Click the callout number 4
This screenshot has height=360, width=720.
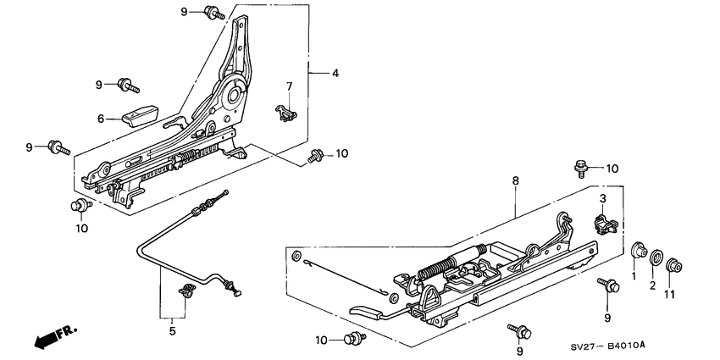click(x=335, y=74)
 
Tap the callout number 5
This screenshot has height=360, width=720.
click(x=172, y=331)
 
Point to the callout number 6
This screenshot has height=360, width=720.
click(x=101, y=119)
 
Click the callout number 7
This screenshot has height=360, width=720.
click(x=288, y=86)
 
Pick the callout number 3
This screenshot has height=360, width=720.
click(x=603, y=198)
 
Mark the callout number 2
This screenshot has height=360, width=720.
click(x=653, y=286)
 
